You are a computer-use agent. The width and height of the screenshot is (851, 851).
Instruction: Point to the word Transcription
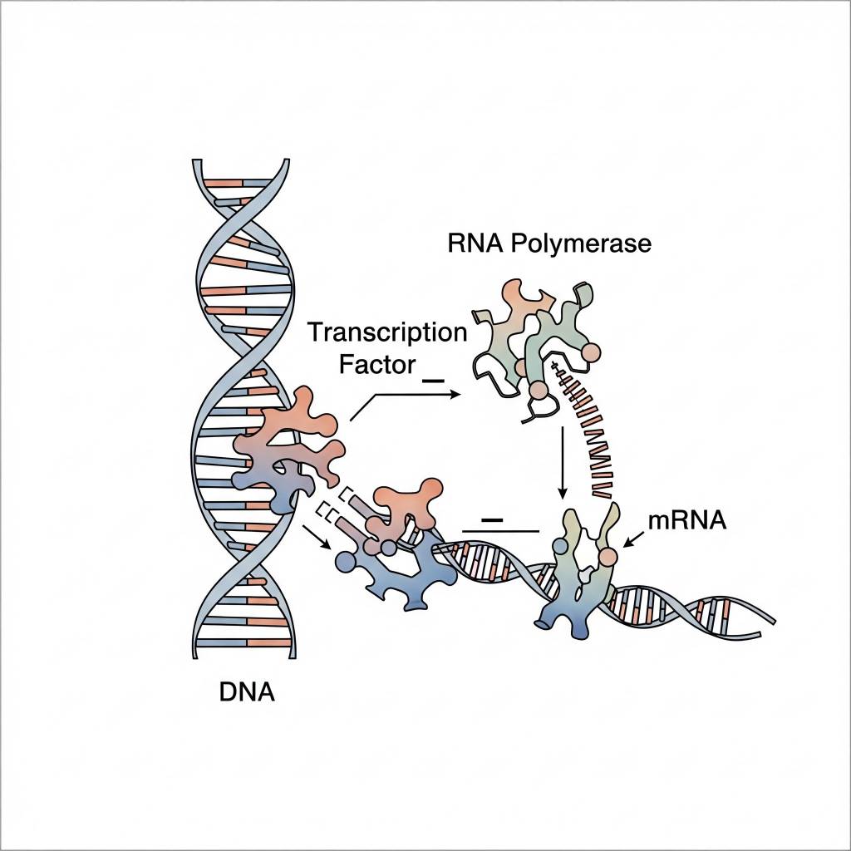(387, 333)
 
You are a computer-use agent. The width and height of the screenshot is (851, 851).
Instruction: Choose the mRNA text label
(687, 521)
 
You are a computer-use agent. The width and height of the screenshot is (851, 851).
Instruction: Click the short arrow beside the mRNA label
(635, 540)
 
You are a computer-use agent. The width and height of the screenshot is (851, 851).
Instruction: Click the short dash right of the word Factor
(434, 379)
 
